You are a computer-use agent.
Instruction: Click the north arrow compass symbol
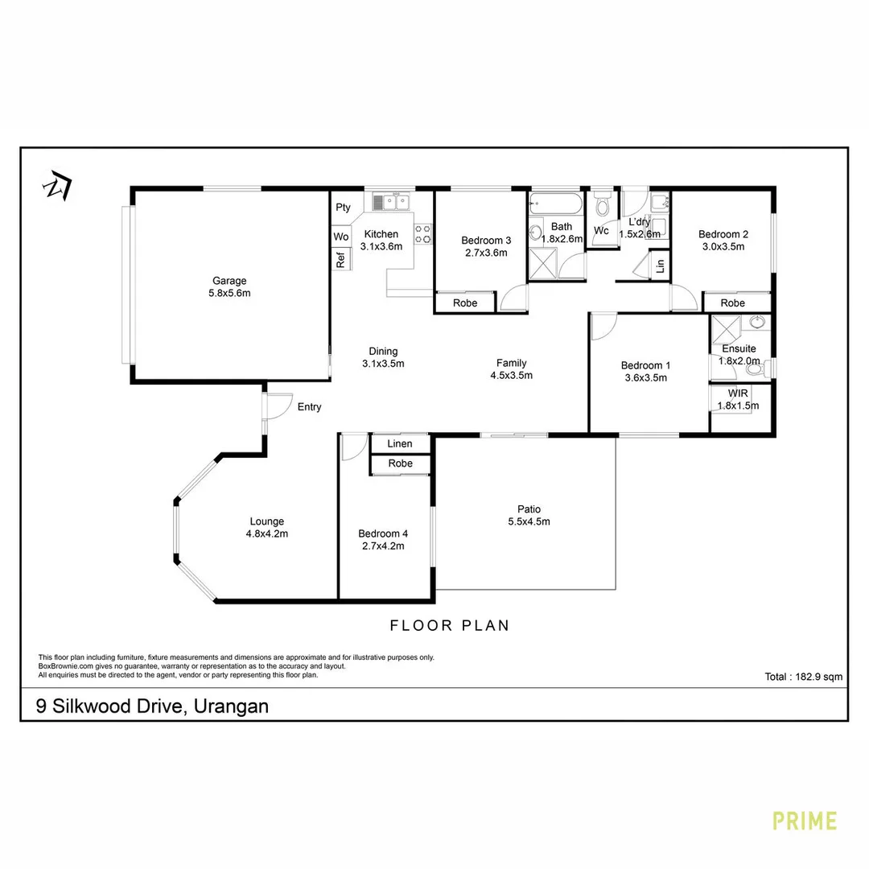coord(56,187)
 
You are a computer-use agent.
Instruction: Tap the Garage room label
coord(229,281)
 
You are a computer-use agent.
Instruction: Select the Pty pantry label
coord(343,208)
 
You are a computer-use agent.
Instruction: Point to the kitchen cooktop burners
coord(422,233)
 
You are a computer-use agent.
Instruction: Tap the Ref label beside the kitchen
coord(340,260)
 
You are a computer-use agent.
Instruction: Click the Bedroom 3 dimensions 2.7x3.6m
coord(485,253)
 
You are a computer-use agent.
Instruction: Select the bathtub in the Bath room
coord(555,204)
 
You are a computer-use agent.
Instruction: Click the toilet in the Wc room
coord(602,206)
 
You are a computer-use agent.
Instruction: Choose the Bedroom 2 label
coord(723,234)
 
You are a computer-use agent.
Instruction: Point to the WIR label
coord(738,393)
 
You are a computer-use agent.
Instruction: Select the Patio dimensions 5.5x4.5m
coord(529,521)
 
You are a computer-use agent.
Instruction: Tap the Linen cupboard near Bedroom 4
coord(400,444)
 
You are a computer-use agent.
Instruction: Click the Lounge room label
coord(266,521)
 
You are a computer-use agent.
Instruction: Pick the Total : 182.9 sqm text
coord(803,677)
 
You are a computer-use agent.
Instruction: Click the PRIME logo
coord(804,821)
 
